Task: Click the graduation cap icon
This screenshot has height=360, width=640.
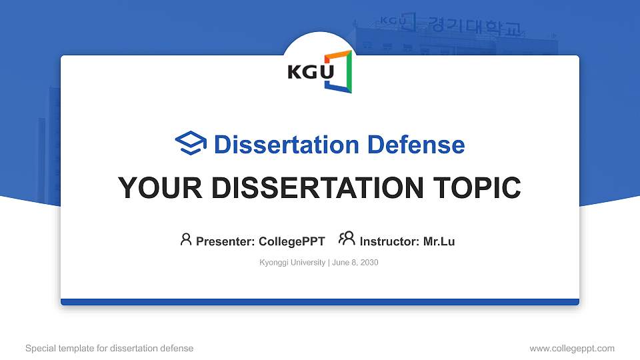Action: point(191,144)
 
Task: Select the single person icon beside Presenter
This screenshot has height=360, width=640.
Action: point(186,239)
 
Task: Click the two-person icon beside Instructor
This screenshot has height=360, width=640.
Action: point(347,239)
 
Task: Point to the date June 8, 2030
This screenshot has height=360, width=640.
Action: point(355,263)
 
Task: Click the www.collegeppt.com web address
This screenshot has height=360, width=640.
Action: point(572,348)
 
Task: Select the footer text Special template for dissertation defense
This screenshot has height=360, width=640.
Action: point(109,348)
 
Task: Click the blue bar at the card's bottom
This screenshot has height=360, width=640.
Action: point(320,302)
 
